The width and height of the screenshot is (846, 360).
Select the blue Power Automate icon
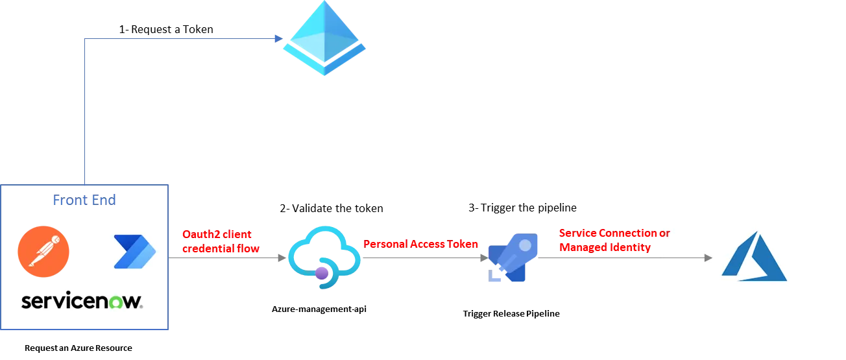[135, 252]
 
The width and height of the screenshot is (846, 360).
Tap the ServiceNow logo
[82, 303]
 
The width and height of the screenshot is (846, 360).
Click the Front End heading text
[85, 201]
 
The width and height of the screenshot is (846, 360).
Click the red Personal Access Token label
[421, 245]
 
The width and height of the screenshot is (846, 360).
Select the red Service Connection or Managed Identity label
[614, 240]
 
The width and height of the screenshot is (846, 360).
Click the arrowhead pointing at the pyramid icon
[278, 39]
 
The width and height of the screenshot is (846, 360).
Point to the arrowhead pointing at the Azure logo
[708, 258]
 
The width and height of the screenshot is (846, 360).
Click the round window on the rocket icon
[524, 245]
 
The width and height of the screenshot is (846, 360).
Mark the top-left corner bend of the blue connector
[85, 39]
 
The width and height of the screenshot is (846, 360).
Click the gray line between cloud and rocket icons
[422, 257]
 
